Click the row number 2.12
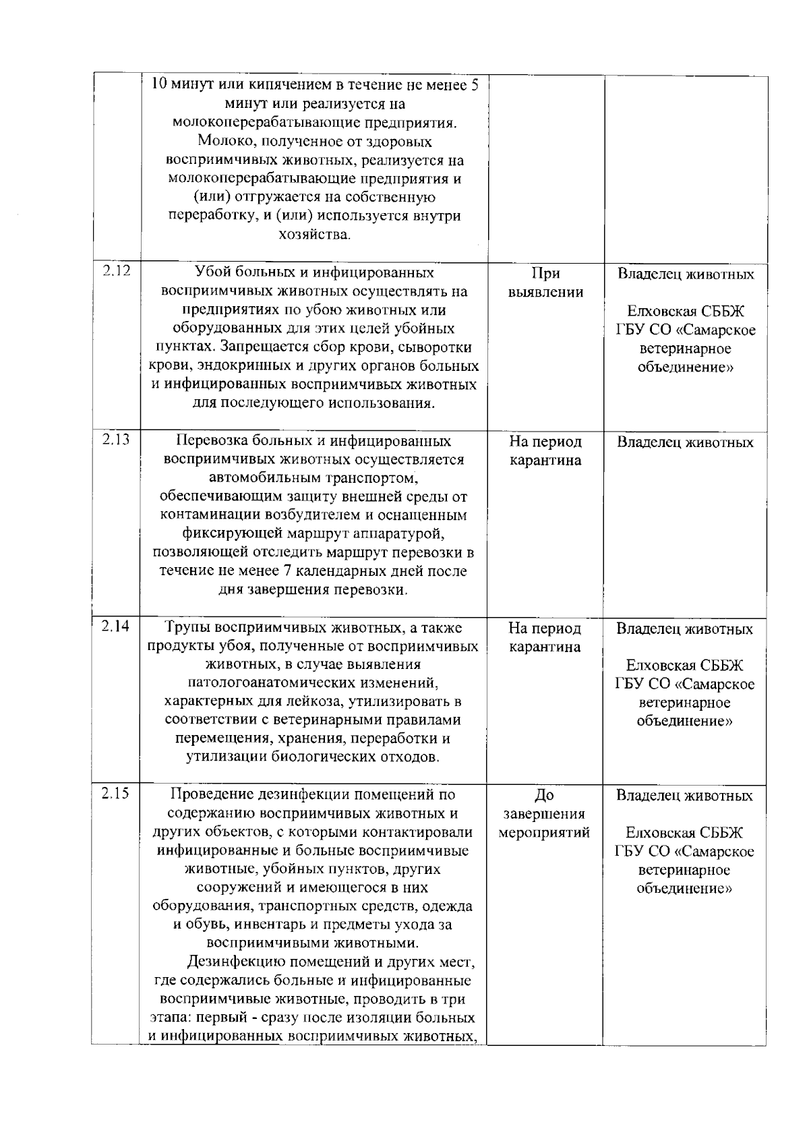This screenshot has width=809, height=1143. click(116, 272)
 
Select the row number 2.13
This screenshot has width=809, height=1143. click(116, 440)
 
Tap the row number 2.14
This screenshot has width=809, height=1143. click(116, 626)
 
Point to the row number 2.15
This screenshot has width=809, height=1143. click(116, 793)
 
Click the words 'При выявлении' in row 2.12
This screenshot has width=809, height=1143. click(545, 283)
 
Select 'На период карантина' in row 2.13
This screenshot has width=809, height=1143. click(545, 451)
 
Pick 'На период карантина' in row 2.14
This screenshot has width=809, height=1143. click(545, 637)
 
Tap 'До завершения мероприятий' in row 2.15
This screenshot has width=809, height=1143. click(544, 813)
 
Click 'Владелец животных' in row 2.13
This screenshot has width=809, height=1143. click(685, 443)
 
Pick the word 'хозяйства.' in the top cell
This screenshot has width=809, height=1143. click(314, 235)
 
